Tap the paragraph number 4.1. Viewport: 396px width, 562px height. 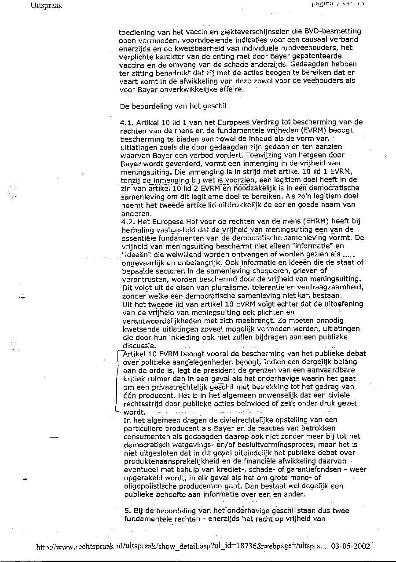(127, 122)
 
